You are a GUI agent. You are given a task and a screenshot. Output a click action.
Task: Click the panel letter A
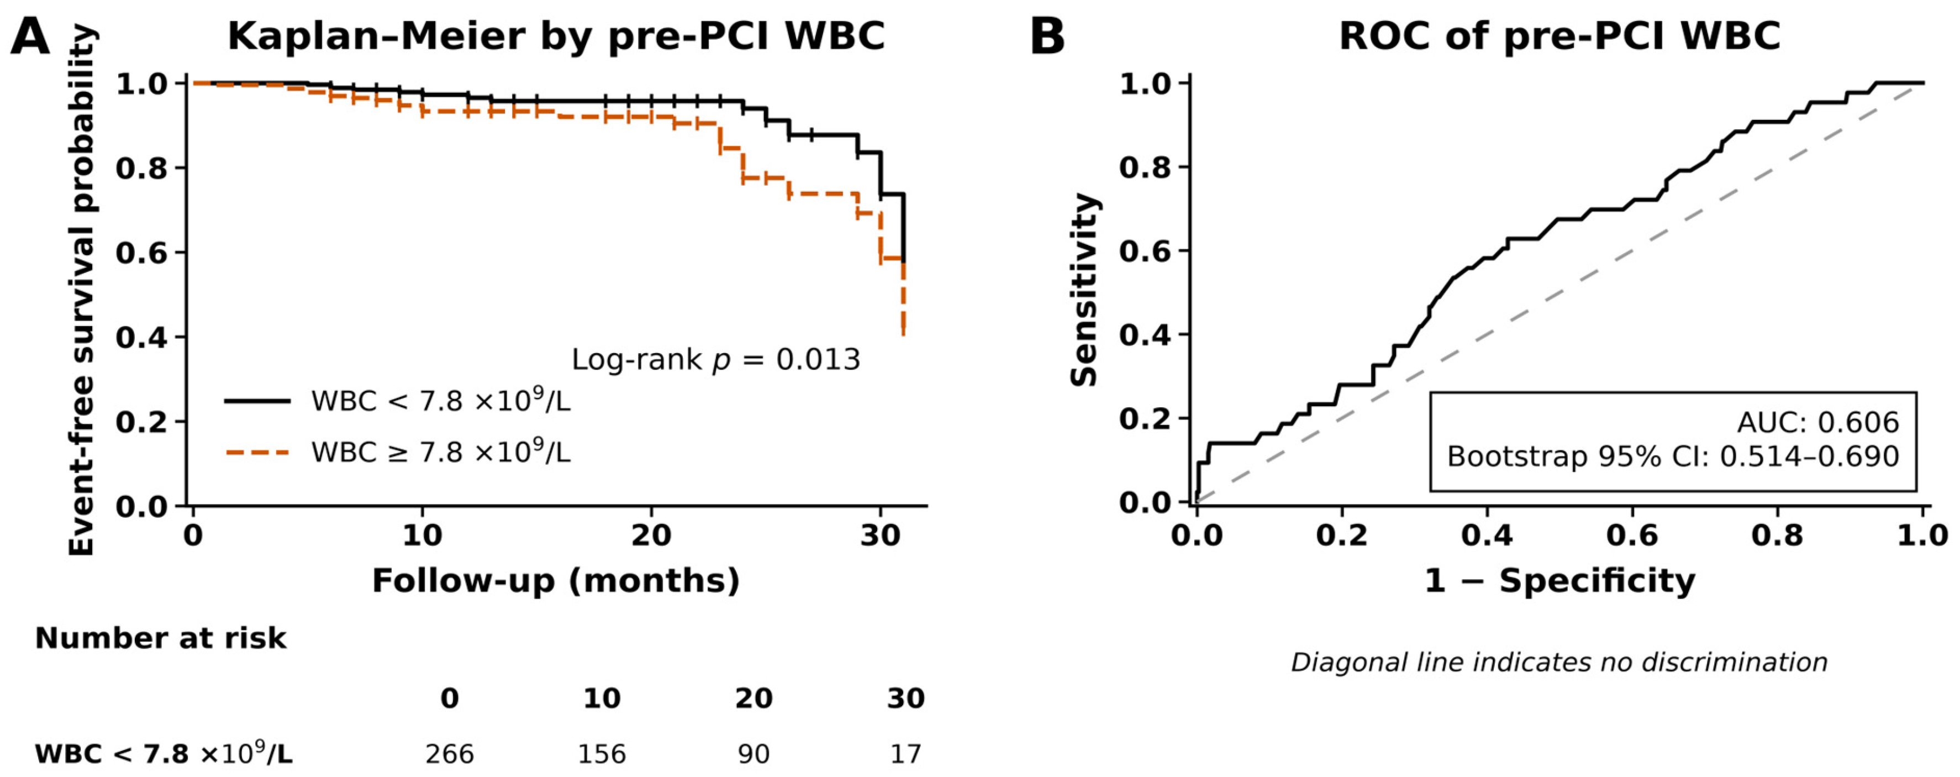tap(30, 36)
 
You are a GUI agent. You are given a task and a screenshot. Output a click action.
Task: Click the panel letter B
tap(1047, 36)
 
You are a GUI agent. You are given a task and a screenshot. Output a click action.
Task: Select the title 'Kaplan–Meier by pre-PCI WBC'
tap(556, 36)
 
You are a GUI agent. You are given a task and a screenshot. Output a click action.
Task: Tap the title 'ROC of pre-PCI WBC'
tap(1560, 36)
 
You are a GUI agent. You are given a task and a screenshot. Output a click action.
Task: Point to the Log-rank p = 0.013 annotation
tap(716, 359)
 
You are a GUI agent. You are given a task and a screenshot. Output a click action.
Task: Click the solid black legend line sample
tap(257, 400)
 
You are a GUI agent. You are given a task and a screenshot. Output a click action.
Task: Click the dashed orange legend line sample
tap(257, 453)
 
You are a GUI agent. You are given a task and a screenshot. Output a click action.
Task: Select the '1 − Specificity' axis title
tap(1560, 581)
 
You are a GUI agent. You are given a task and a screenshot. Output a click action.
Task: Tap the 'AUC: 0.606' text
tap(1817, 422)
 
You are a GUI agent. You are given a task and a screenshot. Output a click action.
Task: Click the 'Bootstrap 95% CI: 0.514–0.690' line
tap(1673, 456)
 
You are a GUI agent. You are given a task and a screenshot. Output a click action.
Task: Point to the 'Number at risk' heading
tap(161, 638)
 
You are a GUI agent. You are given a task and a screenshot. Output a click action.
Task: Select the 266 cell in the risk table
tap(450, 754)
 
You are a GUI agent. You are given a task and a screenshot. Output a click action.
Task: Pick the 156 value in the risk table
tap(602, 754)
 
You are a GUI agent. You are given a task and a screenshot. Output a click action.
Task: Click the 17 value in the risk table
tap(906, 754)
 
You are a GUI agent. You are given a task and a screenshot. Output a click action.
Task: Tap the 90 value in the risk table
tap(754, 754)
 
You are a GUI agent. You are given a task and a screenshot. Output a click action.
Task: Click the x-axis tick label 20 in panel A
tap(651, 535)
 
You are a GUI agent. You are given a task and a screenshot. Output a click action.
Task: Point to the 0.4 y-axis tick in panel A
tap(141, 337)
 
